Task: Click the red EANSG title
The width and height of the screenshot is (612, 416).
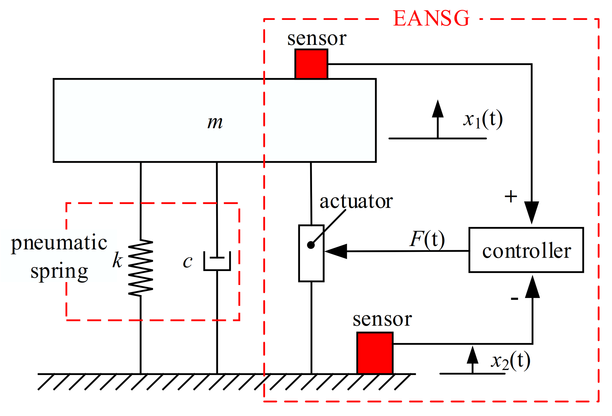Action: pos(431,18)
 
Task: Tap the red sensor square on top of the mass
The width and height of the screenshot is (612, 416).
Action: pos(311,64)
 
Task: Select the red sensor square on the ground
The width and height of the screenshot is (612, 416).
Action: pos(375,353)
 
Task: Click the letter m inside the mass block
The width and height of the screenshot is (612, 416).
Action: pos(215,122)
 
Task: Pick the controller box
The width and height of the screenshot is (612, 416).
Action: pos(526,250)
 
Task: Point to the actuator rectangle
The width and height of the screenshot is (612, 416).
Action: pos(311,264)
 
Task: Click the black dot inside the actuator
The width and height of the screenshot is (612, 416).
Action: pos(311,245)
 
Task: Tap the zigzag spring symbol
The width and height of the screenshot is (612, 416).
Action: pos(140,268)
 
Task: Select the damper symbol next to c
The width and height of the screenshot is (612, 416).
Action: pos(217,261)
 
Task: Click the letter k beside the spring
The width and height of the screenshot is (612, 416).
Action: pos(117,260)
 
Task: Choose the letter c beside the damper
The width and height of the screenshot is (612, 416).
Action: pos(188,261)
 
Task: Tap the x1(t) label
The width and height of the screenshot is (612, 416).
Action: pos(483,119)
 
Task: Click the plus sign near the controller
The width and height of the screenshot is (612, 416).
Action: pos(511,196)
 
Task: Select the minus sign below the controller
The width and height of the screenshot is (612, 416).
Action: pos(514,298)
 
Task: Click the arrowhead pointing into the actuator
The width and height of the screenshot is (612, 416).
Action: pos(336,251)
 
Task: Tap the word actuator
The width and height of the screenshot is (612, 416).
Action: pos(356,201)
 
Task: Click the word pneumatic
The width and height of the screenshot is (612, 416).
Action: pos(59,243)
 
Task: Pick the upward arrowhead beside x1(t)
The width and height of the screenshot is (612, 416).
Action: pos(438,109)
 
